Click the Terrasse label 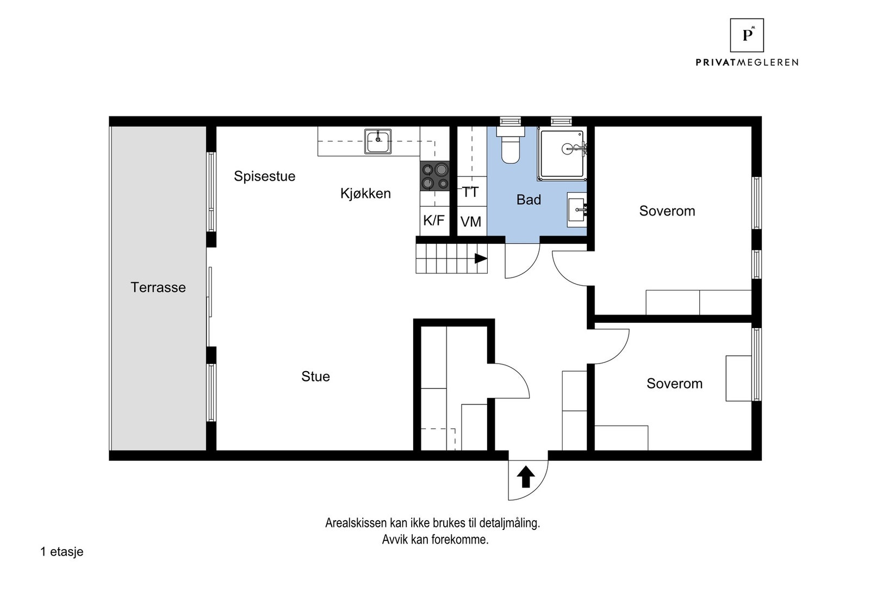click(158, 288)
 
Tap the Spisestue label click(264, 176)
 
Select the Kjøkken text click(365, 194)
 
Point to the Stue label click(315, 377)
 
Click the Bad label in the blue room click(529, 200)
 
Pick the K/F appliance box click(434, 221)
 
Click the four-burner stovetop click(434, 176)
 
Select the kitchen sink click(377, 141)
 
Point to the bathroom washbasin click(577, 210)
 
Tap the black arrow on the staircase click(481, 258)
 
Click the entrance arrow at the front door click(526, 477)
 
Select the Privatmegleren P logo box click(747, 35)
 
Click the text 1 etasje click(62, 552)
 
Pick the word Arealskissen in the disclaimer click(356, 523)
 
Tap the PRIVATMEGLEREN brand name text click(747, 63)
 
